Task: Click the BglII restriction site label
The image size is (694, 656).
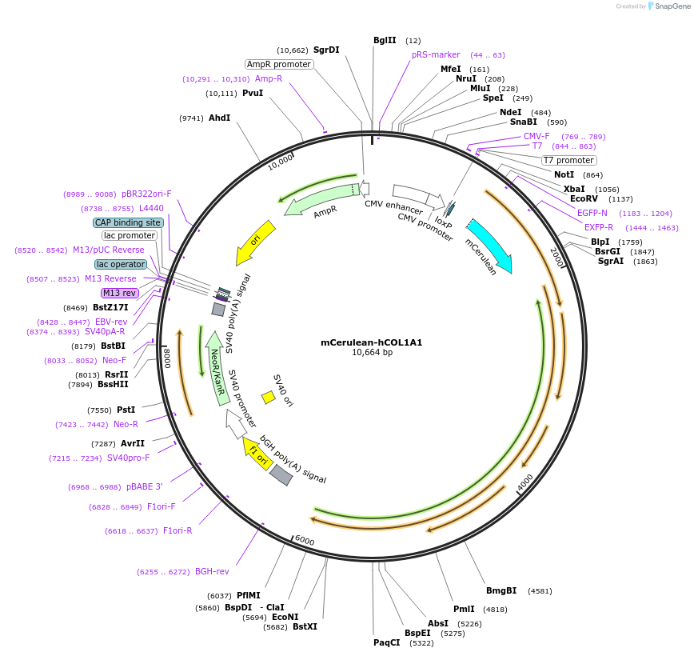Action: (385, 40)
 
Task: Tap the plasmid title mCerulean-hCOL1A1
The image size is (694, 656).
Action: (371, 342)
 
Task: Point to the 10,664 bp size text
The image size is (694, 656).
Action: (372, 353)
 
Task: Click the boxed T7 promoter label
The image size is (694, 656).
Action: (568, 160)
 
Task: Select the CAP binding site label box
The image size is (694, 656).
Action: (128, 222)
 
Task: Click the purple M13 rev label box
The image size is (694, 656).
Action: (120, 293)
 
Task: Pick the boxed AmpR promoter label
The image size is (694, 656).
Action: (279, 64)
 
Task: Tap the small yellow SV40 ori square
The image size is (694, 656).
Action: (269, 398)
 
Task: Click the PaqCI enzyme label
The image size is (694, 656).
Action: (387, 642)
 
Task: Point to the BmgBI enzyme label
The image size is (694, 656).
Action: (501, 591)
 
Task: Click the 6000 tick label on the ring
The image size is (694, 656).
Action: (305, 542)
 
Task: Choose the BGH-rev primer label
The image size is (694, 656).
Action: (212, 571)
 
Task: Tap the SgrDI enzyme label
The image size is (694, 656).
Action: (326, 50)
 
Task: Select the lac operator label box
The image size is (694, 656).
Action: (121, 264)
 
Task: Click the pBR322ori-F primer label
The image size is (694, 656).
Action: (146, 194)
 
